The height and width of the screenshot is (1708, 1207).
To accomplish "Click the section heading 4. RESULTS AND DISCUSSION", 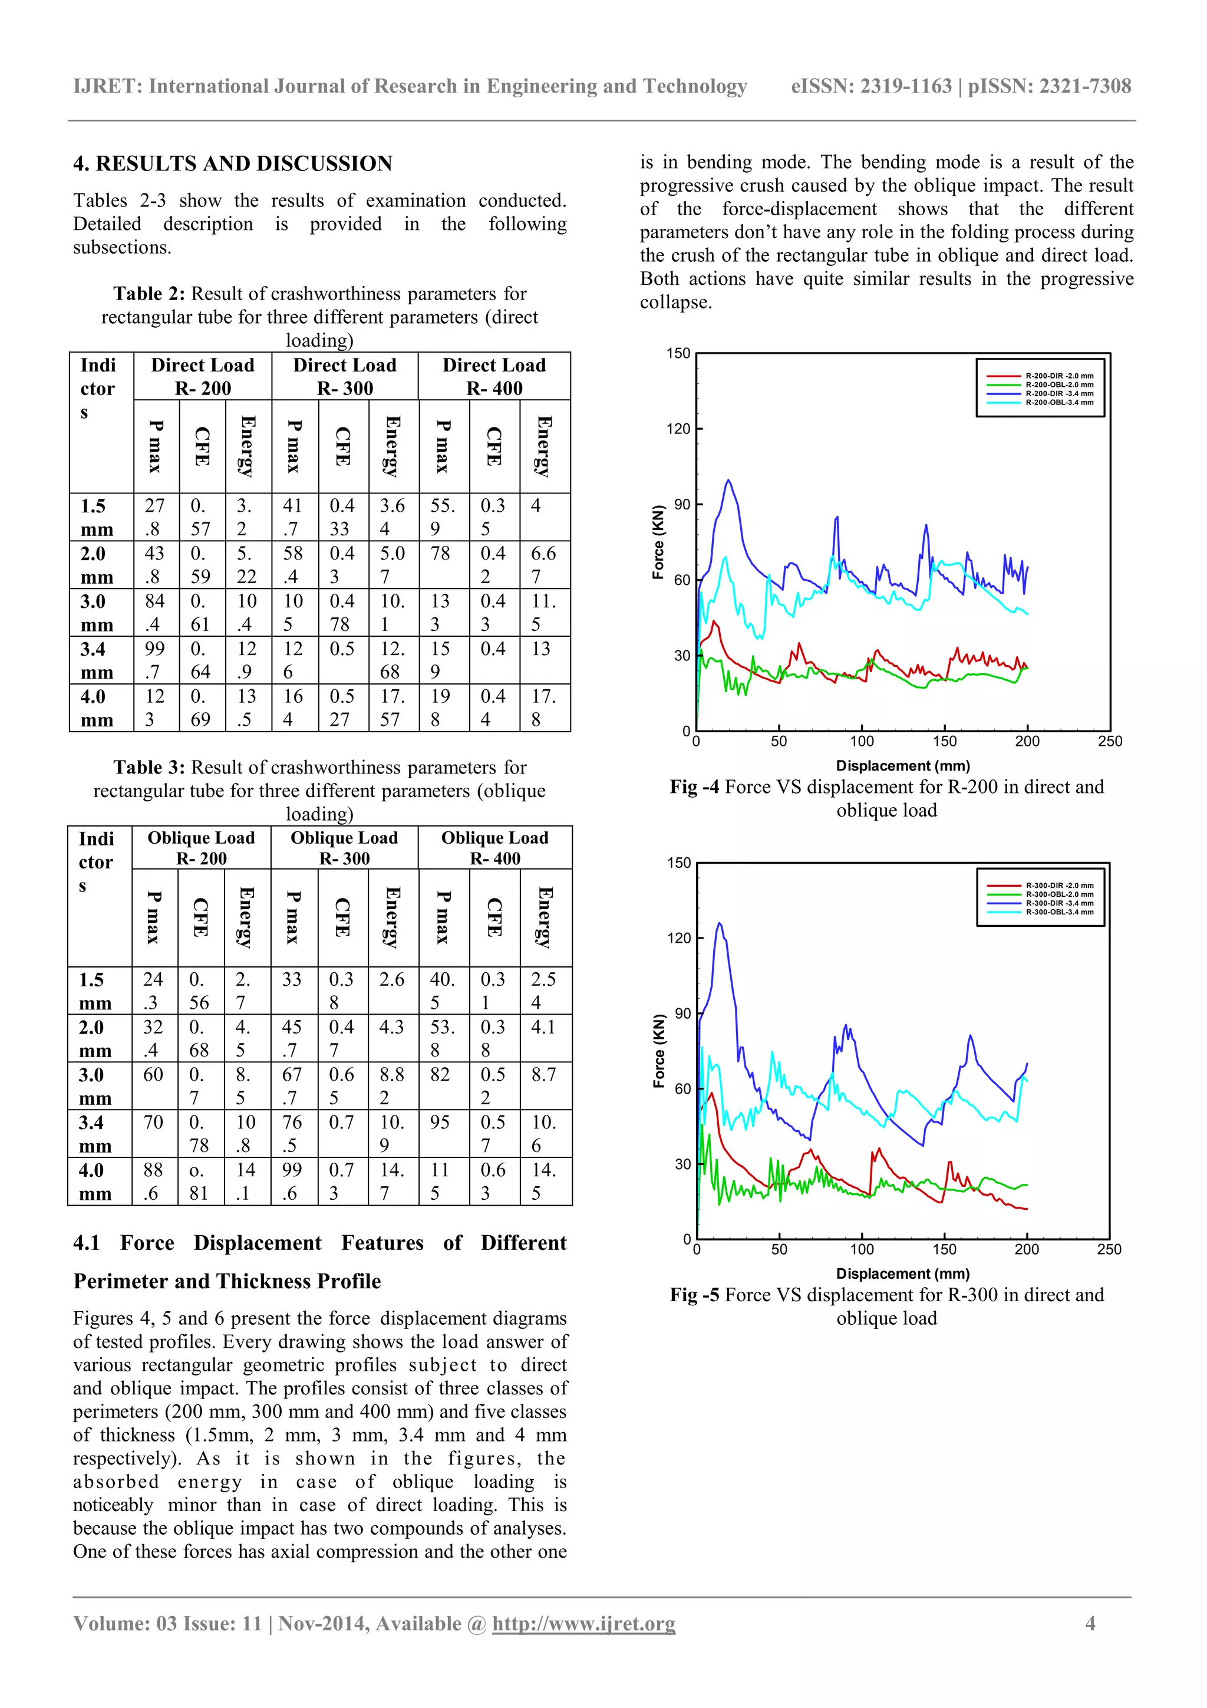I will (232, 164).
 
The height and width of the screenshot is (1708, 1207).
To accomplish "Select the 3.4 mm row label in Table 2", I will (97, 660).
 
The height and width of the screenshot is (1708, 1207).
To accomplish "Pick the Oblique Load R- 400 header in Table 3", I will (494, 847).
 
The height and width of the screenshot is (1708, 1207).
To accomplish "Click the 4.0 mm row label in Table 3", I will (95, 1182).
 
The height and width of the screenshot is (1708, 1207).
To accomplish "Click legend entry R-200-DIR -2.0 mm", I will (1059, 376).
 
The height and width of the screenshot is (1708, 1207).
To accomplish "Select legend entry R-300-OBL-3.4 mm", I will (1059, 912).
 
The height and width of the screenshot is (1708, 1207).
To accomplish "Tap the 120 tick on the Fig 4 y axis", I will (678, 429).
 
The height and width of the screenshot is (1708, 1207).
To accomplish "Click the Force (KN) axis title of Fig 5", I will (659, 1051).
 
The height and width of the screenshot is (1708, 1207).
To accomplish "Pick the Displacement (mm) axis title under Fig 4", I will (903, 765).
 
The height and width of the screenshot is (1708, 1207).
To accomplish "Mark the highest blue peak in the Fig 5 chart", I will (719, 924).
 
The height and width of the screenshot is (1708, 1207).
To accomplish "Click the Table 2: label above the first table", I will (149, 294).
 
